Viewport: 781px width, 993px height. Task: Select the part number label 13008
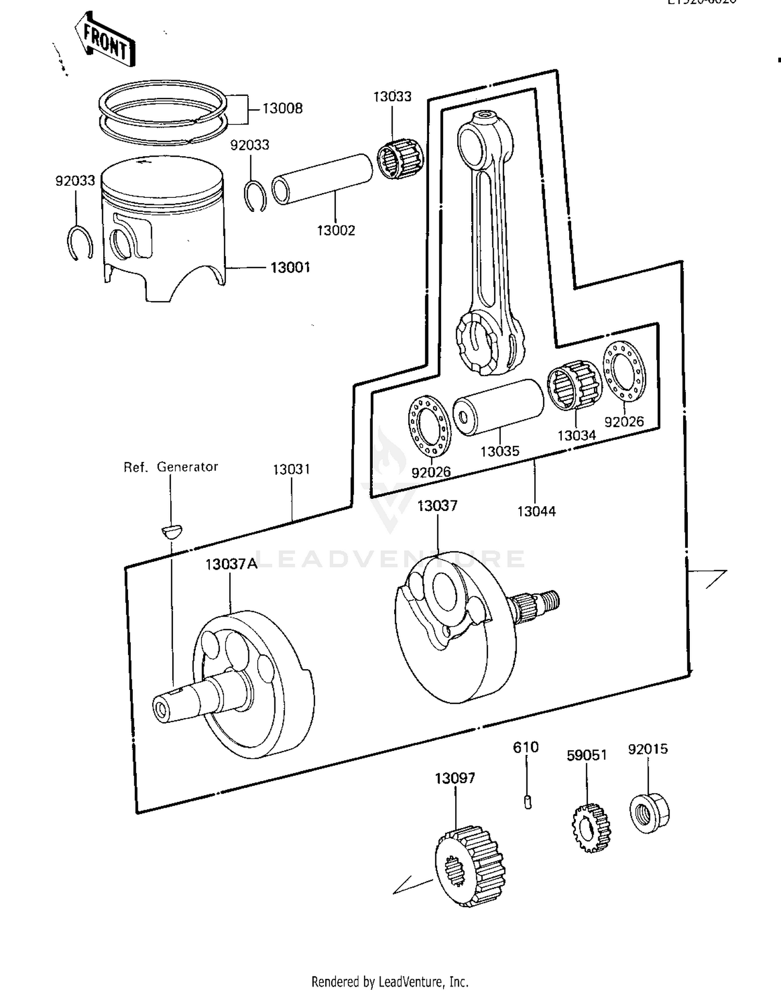pos(282,108)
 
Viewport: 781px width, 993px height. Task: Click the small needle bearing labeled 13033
pos(400,159)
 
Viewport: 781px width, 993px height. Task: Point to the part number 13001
pos(290,268)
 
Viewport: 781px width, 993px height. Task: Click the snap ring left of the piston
pos(80,242)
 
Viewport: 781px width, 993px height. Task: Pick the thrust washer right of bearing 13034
pos(624,371)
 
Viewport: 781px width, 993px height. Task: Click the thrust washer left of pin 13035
pos(429,425)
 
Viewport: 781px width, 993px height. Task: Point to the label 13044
pos(536,511)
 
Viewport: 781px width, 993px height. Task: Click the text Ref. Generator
pos(171,467)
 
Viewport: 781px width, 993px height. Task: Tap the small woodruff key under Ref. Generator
pos(171,532)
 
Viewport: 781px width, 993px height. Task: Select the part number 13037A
pos(231,564)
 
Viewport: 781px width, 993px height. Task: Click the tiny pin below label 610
pos(527,801)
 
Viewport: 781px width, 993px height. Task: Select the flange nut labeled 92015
pos(649,812)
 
